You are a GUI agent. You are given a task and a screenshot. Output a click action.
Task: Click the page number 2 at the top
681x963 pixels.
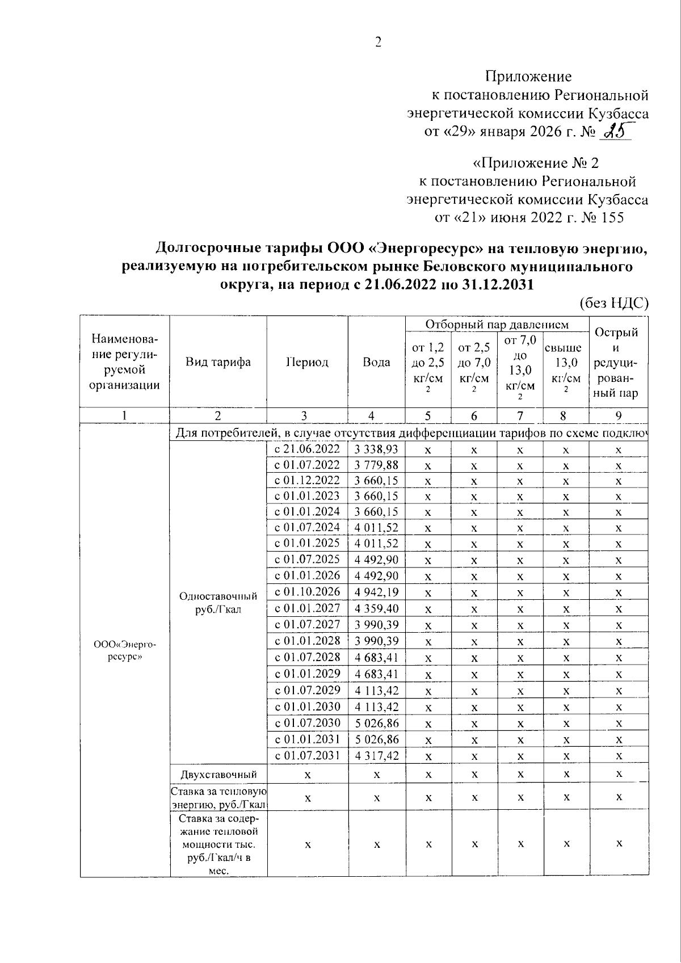coord(378,43)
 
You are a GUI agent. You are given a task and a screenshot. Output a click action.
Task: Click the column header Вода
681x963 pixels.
coord(376,362)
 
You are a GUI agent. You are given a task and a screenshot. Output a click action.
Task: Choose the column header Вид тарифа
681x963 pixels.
coord(218,362)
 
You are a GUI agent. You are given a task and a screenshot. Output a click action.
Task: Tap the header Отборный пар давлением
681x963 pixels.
coord(497,325)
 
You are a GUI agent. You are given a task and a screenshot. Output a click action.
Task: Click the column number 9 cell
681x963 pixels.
coord(619,415)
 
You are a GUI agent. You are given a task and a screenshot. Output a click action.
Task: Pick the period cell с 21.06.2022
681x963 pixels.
coord(307,449)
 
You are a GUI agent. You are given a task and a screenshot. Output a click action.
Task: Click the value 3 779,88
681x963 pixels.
coord(376,465)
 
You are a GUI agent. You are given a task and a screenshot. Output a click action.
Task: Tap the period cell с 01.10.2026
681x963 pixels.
coord(307,592)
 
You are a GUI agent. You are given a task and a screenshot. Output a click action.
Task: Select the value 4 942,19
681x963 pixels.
coord(376,592)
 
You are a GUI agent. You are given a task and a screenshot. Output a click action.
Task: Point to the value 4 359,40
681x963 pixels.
coord(376,608)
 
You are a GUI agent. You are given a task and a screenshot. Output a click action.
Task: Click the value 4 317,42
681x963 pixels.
coord(376,756)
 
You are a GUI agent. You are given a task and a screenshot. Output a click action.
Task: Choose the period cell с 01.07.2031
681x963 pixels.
coord(307,755)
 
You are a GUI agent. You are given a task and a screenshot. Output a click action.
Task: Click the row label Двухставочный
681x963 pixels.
coord(218,775)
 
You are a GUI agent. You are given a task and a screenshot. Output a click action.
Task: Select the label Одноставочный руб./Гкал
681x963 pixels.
coord(218,603)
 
